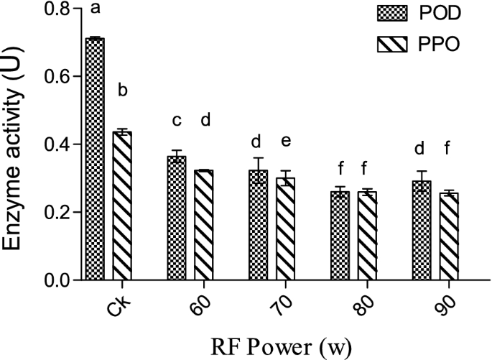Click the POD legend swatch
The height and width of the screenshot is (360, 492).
point(392,14)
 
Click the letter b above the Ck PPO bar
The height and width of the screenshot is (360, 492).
point(123,91)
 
